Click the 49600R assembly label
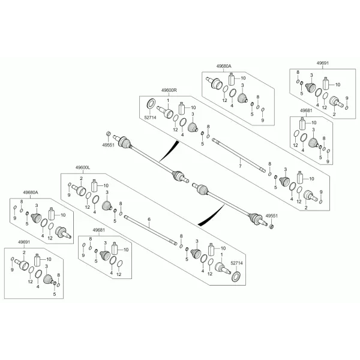[x=169, y=90]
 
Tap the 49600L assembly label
[x=83, y=168]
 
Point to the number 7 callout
[x=240, y=166]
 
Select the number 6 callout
[x=149, y=220]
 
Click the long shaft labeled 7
[x=239, y=155]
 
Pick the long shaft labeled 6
[x=151, y=230]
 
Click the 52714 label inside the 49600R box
[x=150, y=118]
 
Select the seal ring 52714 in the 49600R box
[x=151, y=103]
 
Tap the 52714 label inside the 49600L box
[x=236, y=263]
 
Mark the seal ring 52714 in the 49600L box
[x=236, y=277]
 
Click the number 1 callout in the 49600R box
[x=168, y=101]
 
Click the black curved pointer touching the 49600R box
[x=169, y=151]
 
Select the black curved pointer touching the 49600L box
[x=211, y=215]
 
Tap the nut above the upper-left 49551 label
[x=109, y=134]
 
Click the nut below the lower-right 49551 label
[x=271, y=227]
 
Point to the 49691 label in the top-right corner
[x=322, y=63]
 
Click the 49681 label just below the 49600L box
[x=99, y=230]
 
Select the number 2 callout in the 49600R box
[x=306, y=208]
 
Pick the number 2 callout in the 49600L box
[x=81, y=178]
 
